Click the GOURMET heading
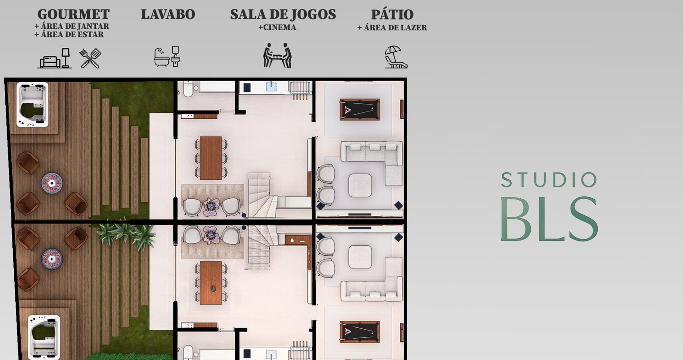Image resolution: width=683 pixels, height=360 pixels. [74, 14]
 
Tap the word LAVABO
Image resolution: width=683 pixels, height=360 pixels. [168, 14]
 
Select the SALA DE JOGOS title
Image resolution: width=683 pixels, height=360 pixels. [283, 14]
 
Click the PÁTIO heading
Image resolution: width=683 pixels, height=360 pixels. [392, 14]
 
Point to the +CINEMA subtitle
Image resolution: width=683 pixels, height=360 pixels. [277, 28]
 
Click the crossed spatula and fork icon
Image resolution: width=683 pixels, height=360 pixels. [90, 58]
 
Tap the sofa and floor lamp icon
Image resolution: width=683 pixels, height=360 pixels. [55, 58]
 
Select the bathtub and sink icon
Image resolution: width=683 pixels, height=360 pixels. [167, 56]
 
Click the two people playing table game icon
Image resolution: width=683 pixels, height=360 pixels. [277, 55]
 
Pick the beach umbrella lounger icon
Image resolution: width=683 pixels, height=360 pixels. [396, 57]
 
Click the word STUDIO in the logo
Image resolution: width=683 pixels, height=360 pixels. [549, 180]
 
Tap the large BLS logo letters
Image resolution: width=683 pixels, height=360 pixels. [549, 219]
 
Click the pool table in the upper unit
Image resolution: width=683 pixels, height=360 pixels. [360, 110]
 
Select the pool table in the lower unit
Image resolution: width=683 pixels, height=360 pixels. [360, 332]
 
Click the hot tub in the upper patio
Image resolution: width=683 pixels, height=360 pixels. [32, 104]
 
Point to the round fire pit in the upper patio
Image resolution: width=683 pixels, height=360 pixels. [52, 183]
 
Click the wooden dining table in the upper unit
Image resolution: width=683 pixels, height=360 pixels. [211, 158]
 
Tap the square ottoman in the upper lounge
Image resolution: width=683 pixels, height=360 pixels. [360, 185]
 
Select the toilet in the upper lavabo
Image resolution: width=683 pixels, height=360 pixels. [188, 89]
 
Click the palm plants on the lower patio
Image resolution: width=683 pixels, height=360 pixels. [126, 234]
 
